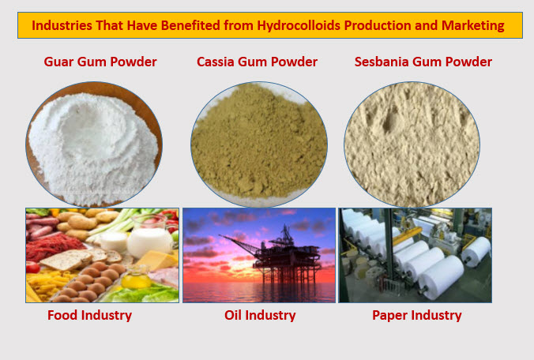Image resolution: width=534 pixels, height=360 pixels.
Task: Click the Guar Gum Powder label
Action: (100, 62)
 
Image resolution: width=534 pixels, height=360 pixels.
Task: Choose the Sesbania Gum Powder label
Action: (423, 62)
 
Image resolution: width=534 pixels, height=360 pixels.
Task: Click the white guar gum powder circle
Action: (94, 145)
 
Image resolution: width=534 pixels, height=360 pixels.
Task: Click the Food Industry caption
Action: (89, 315)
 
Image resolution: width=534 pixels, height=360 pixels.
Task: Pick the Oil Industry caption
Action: (260, 315)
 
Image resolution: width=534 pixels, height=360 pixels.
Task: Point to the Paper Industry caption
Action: (416, 315)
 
